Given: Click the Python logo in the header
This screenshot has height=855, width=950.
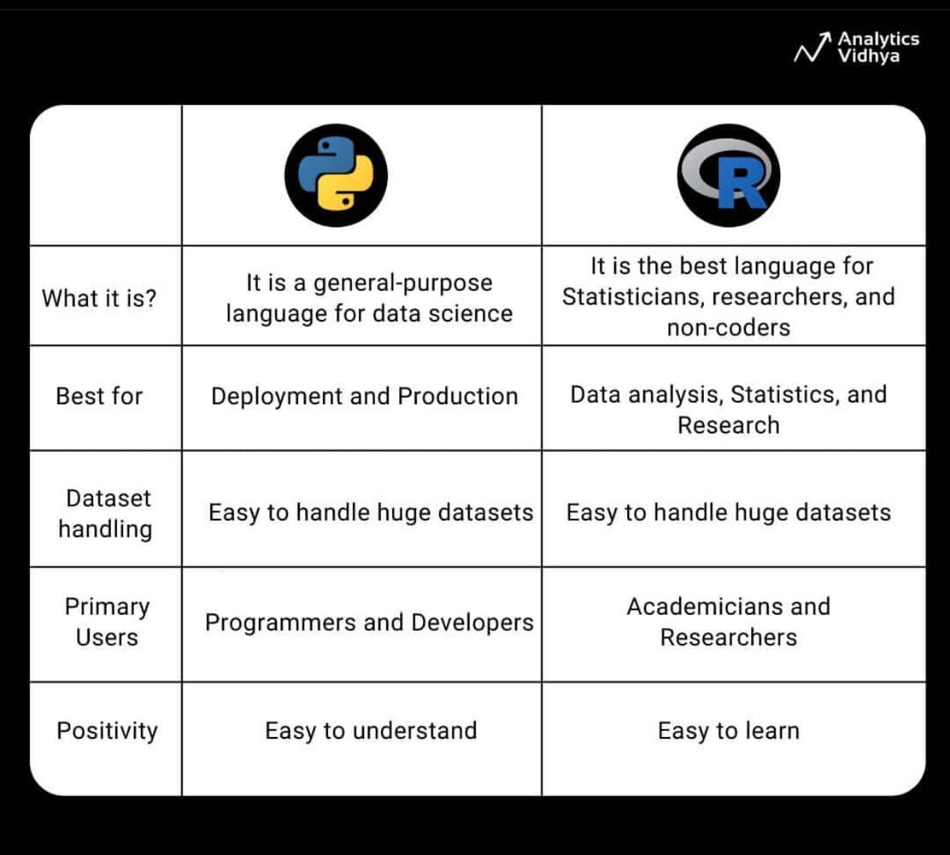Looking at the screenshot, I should click(x=336, y=175).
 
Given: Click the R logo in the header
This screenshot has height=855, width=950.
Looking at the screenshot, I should click(x=729, y=175).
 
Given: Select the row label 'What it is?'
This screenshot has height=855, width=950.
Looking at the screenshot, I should click(x=99, y=299).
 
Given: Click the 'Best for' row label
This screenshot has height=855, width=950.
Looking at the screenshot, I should click(x=99, y=396).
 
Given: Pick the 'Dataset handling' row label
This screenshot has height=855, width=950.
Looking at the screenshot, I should click(x=106, y=513).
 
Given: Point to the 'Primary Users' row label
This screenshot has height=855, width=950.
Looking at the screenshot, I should click(x=107, y=622).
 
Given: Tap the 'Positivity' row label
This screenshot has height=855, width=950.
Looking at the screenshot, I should click(x=107, y=731).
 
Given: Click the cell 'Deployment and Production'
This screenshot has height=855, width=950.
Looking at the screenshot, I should click(x=365, y=397).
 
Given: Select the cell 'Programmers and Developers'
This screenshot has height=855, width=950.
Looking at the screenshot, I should click(x=369, y=622).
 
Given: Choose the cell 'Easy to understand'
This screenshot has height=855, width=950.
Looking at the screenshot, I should click(x=371, y=731).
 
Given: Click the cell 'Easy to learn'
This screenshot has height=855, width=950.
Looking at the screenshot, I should click(x=729, y=731).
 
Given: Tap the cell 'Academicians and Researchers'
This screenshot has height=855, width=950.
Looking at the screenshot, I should click(x=729, y=622).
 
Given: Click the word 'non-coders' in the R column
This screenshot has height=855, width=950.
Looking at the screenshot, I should click(x=729, y=327).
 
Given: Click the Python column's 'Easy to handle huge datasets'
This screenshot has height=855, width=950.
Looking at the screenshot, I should click(x=371, y=513).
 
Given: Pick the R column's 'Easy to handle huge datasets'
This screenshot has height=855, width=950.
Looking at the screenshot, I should click(x=729, y=513).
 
